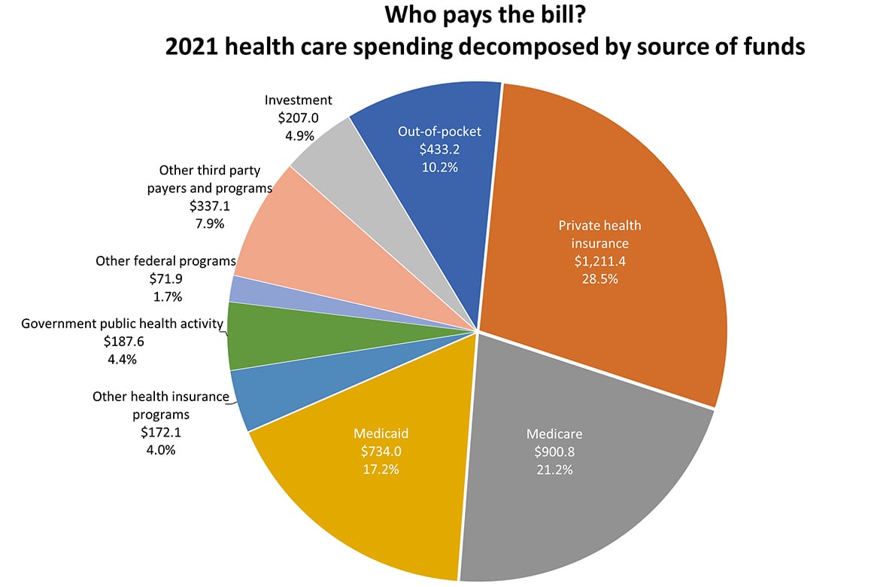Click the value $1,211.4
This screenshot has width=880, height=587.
click(x=599, y=261)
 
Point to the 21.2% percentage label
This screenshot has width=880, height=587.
click(x=554, y=470)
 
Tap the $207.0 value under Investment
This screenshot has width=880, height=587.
click(x=298, y=117)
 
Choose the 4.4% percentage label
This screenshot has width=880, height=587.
click(x=123, y=359)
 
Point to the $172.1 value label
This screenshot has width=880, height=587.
click(x=161, y=432)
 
